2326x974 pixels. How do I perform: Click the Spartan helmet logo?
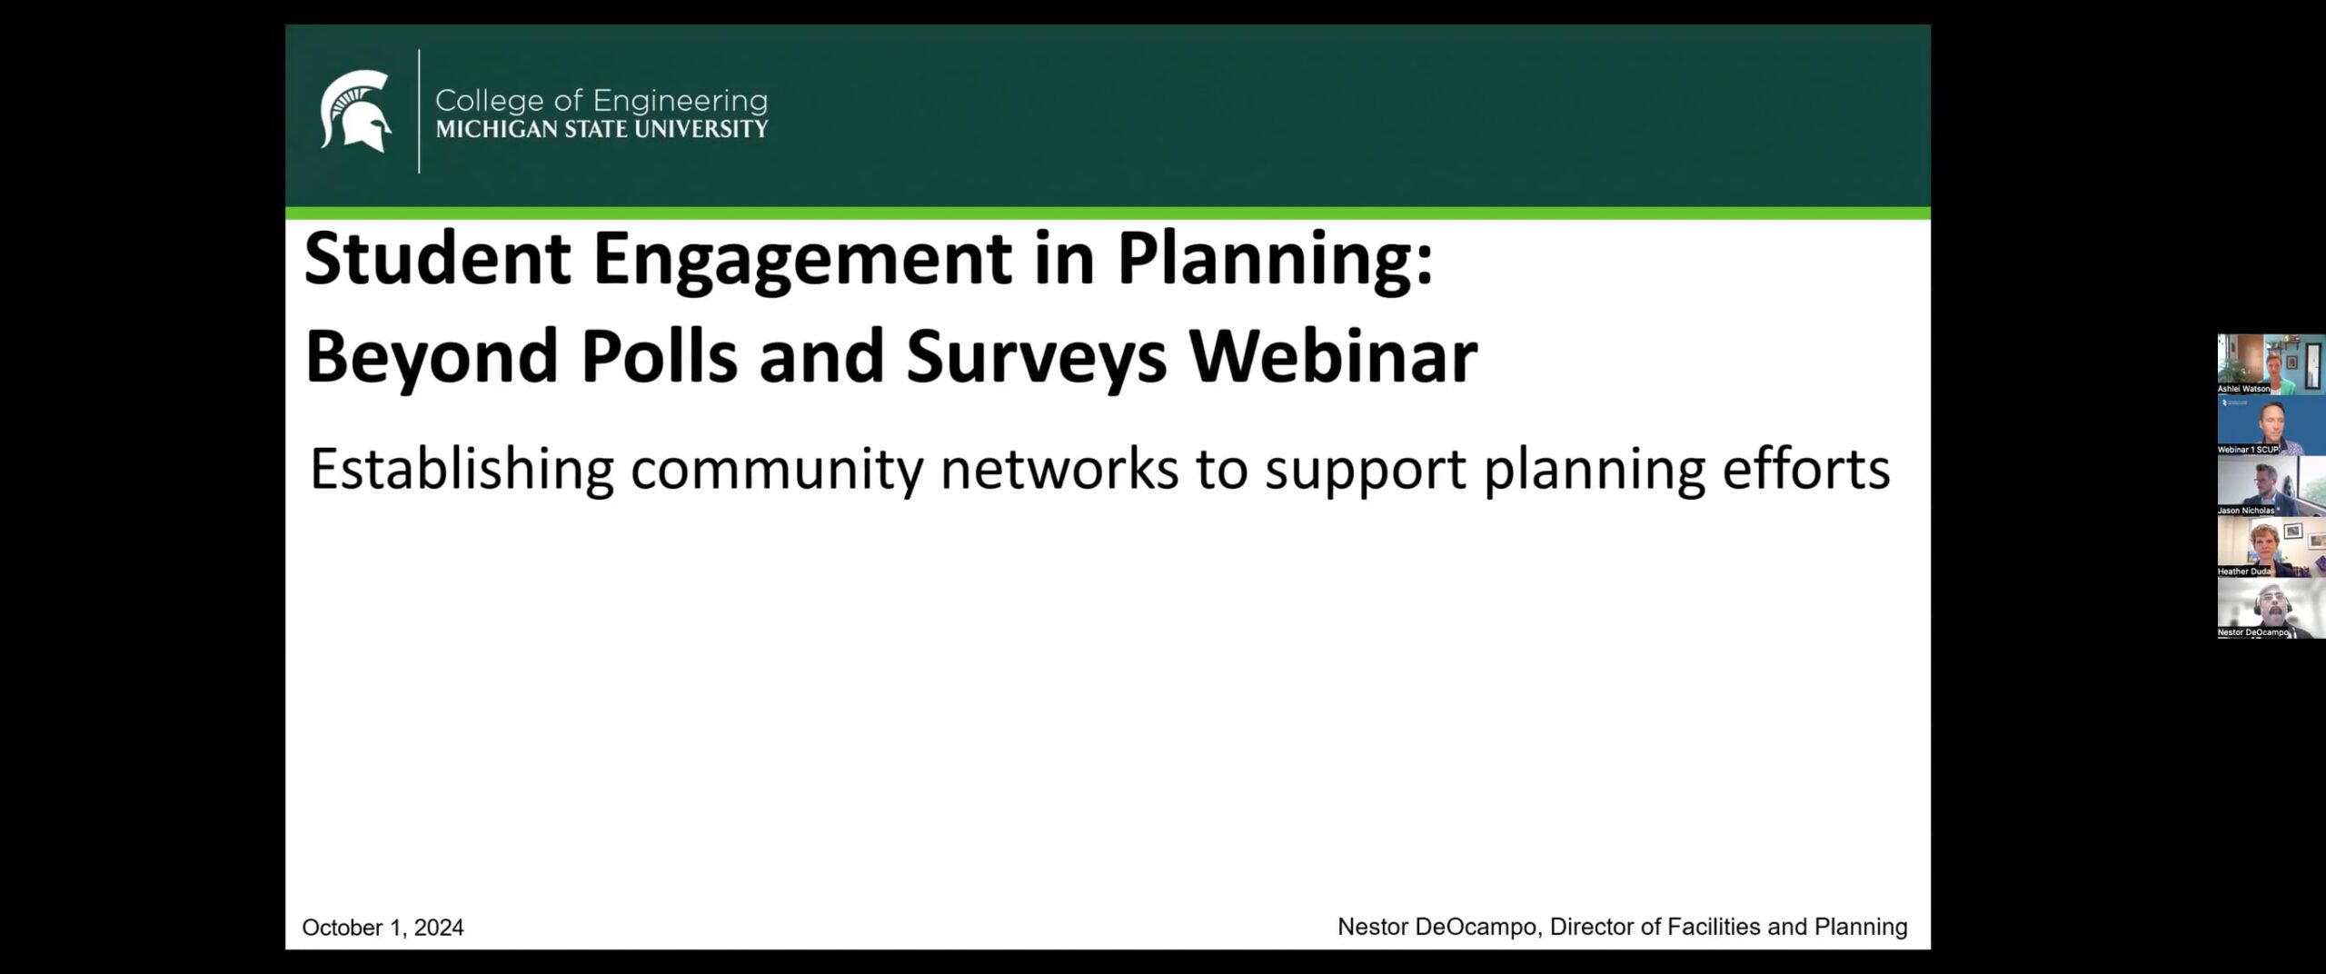(355, 111)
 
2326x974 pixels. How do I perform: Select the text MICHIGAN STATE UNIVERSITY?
(601, 129)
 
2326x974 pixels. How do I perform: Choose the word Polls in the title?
(659, 356)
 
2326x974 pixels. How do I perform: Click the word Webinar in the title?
(1334, 356)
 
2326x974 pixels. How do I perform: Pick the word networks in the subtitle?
(1059, 470)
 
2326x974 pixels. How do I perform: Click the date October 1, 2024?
(383, 928)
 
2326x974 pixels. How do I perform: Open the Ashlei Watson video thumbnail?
(2271, 364)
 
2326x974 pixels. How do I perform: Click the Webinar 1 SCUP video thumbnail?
(2271, 425)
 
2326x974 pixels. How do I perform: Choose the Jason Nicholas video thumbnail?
(2271, 486)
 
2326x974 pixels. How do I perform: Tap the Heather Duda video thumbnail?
(2271, 547)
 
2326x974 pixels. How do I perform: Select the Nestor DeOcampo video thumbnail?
(2271, 608)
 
